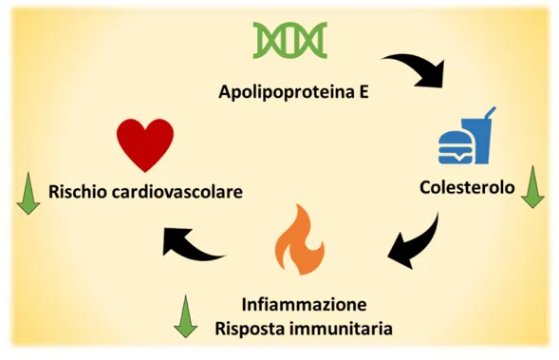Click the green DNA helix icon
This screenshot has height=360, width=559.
click(x=289, y=40)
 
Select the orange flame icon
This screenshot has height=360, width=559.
click(x=300, y=239)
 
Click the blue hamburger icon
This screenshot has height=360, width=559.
click(x=456, y=147)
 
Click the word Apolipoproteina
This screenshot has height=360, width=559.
click(x=282, y=92)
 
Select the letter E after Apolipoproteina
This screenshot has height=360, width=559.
click(x=363, y=91)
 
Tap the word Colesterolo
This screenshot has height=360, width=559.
click(x=467, y=187)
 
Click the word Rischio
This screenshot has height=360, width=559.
click(x=78, y=191)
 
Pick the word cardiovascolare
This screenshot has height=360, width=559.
click(x=177, y=191)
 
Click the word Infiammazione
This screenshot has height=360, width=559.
click(x=304, y=304)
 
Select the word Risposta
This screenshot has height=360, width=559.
click(x=249, y=329)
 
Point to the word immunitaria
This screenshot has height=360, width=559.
click(x=340, y=329)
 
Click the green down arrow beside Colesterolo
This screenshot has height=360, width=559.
click(x=532, y=186)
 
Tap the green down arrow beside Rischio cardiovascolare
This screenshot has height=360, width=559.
click(x=28, y=194)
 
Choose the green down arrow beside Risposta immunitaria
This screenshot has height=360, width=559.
click(x=185, y=316)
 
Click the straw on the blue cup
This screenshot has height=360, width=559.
click(x=490, y=113)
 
